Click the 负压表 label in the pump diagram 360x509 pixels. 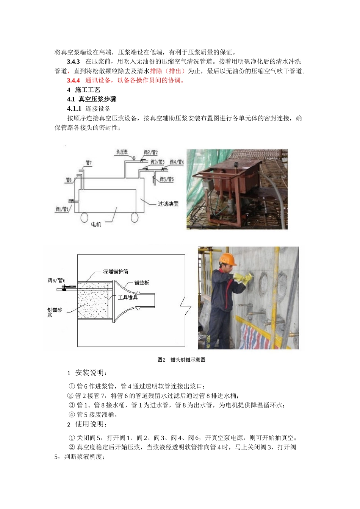122,152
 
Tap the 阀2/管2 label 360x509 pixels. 150,153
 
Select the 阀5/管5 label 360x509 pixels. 166,179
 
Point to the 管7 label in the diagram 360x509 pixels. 89,163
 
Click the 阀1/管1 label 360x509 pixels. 63,209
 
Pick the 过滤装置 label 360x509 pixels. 168,204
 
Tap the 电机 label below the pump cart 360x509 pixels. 96,224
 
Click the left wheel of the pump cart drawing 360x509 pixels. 84,217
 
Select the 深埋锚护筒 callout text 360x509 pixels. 116,272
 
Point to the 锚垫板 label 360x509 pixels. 142,283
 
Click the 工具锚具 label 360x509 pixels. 128,297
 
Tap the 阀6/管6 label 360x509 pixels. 56,281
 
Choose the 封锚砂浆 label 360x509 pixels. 55,312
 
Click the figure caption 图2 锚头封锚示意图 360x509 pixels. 181,360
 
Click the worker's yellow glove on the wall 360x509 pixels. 241,279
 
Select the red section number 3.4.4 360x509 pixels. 73,80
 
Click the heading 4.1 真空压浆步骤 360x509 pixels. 92,99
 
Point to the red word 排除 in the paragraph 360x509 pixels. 156,71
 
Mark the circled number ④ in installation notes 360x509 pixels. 72,415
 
